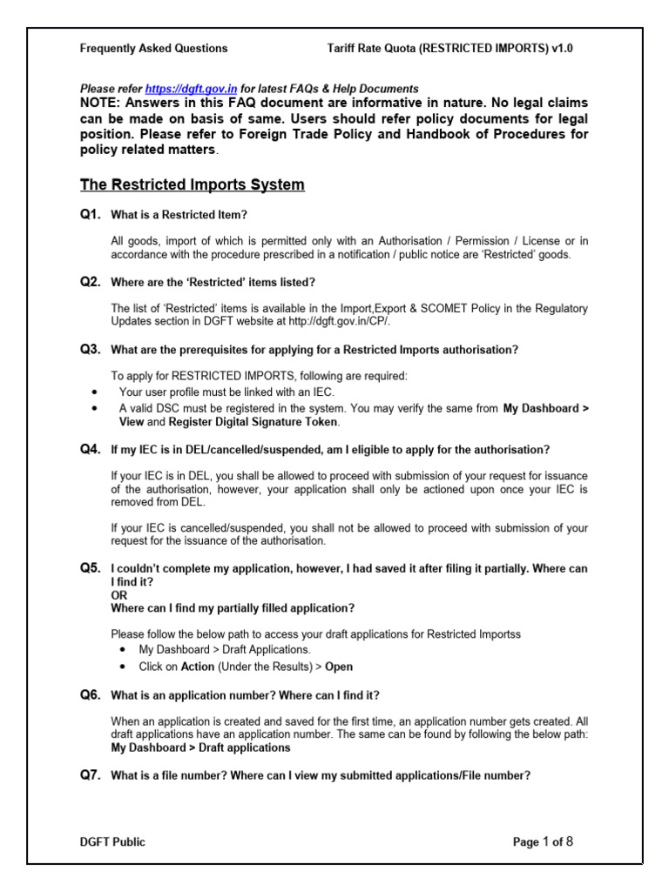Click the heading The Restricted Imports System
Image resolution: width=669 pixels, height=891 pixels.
193,184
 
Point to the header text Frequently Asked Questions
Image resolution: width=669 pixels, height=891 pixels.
154,49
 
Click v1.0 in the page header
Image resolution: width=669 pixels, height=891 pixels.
562,49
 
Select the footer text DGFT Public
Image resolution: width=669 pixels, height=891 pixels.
112,841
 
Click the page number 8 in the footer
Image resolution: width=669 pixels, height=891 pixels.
569,841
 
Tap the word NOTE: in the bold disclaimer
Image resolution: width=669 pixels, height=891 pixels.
105,103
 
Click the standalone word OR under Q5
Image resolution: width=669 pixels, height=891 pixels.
118,595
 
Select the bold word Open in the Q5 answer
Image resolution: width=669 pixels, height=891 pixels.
339,667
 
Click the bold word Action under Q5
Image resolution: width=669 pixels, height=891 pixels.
197,667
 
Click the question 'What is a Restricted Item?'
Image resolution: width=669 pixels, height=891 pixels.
185,215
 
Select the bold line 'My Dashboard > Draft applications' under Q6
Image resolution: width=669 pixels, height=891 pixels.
201,747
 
